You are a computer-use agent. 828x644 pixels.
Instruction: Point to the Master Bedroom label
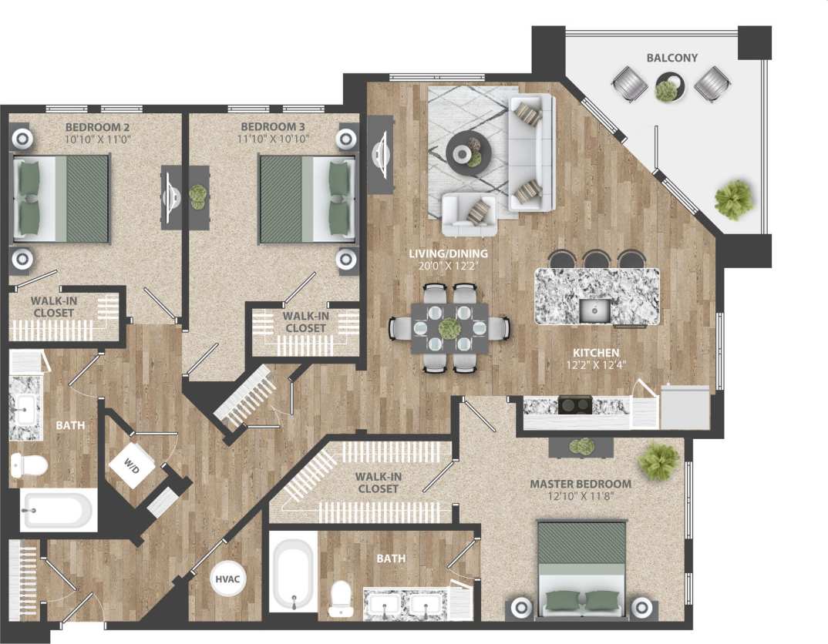tap(580, 484)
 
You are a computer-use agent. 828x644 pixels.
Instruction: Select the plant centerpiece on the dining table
tap(449, 327)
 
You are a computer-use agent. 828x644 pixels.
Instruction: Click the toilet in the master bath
tap(340, 598)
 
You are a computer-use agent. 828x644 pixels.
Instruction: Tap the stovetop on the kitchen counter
tap(574, 405)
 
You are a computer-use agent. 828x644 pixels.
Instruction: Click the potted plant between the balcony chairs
tap(668, 88)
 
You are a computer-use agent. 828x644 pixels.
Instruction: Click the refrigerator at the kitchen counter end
tap(685, 407)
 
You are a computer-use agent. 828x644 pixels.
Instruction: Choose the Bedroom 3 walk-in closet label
tap(304, 322)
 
